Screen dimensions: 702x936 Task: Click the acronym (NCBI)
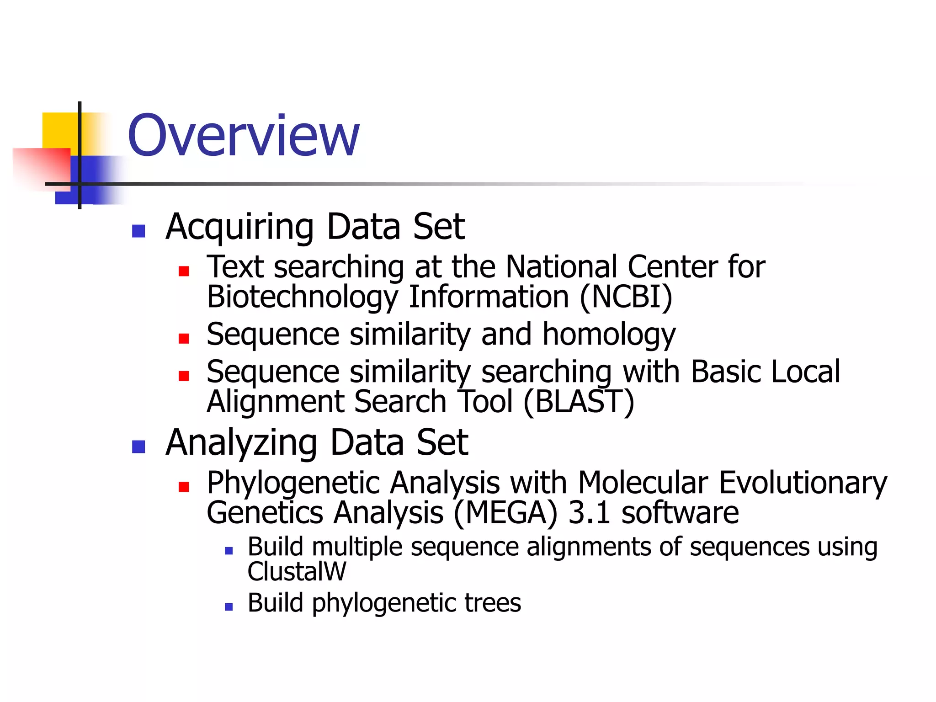pyautogui.click(x=626, y=297)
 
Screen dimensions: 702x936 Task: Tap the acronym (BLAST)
pyautogui.click(x=579, y=402)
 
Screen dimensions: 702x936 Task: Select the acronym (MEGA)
pyautogui.click(x=505, y=512)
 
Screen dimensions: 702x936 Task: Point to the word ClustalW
pyautogui.click(x=297, y=571)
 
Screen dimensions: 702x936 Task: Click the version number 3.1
pyautogui.click(x=590, y=512)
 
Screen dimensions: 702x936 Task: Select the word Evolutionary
pyautogui.click(x=803, y=483)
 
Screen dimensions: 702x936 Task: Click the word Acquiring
pyautogui.click(x=239, y=227)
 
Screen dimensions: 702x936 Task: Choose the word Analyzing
pyautogui.click(x=241, y=443)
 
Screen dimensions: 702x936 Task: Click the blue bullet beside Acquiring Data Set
pyautogui.click(x=138, y=231)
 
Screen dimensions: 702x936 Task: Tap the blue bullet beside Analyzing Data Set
pyautogui.click(x=138, y=447)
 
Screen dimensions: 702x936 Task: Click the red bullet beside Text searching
pyautogui.click(x=184, y=271)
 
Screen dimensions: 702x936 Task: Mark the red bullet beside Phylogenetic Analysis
pyautogui.click(x=184, y=487)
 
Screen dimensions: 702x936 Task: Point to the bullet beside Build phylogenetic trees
pyautogui.click(x=229, y=607)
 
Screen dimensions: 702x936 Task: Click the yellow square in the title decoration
pyautogui.click(x=59, y=130)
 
